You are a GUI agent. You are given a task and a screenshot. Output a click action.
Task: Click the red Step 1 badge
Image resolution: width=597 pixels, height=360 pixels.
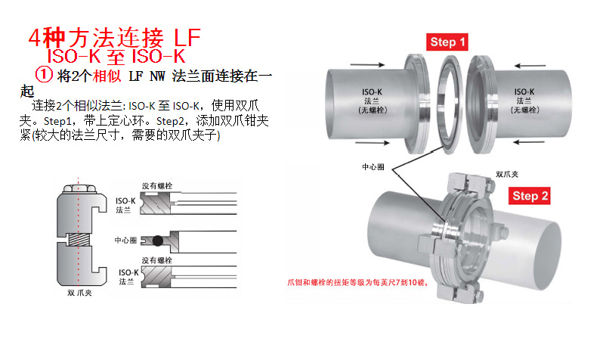pos(447,42)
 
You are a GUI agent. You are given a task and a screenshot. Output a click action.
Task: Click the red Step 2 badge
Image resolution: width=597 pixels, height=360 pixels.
pos(530,196)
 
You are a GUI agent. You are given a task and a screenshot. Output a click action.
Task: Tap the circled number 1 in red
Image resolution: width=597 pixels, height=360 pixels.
pos(43,75)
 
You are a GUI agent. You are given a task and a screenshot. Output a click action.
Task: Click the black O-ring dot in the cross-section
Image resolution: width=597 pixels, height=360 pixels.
pos(158,241)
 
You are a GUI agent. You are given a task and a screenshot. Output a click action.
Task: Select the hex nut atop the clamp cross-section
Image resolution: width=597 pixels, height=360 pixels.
pos(79,188)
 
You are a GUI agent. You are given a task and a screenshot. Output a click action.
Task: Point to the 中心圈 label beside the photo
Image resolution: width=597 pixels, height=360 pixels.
pos(373,167)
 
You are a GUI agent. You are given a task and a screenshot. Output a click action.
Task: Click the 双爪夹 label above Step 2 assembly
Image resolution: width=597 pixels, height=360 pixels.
pos(507,174)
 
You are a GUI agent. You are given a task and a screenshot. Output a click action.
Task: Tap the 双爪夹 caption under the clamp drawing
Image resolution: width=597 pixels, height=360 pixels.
pos(79,293)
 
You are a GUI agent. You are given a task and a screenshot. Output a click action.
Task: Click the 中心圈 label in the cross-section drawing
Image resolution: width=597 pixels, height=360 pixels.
pos(125,240)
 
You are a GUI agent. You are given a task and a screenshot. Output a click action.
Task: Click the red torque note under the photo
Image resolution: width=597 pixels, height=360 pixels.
pos(358,283)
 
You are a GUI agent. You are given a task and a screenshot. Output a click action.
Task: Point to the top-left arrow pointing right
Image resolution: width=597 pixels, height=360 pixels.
pos(367,64)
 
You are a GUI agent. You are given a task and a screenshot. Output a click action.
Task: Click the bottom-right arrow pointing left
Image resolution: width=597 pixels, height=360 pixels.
pos(529,142)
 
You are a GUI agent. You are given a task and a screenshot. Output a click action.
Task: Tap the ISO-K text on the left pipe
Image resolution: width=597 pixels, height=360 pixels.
pos(372,92)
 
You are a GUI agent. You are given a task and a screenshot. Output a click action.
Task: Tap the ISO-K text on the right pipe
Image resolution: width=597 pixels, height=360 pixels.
pos(524,92)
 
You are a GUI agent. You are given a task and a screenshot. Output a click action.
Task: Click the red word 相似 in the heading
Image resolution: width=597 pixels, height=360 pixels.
pos(107,76)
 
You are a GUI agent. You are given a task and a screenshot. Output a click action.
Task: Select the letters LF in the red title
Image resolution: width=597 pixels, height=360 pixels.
pos(187,37)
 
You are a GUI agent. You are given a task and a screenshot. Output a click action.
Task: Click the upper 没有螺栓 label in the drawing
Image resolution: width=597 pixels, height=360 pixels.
pos(157,186)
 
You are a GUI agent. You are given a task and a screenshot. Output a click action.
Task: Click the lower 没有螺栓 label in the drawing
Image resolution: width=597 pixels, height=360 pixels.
pos(157,260)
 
